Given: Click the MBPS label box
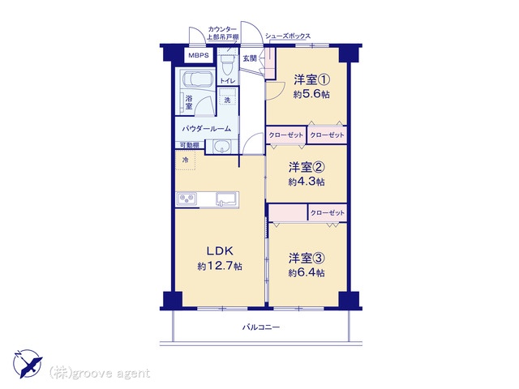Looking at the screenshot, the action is click(199, 55).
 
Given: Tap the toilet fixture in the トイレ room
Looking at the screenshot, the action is click(227, 66).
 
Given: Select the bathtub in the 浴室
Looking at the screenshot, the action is click(198, 79).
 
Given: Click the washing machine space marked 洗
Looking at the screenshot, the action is click(228, 98).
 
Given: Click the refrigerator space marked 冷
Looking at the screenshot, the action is click(186, 160).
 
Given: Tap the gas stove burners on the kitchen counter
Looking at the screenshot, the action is click(187, 199).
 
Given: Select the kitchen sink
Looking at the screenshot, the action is click(226, 199).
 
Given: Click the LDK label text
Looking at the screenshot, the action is click(220, 251).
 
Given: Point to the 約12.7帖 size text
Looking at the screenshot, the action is click(220, 267).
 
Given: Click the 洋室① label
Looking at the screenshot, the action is click(311, 79).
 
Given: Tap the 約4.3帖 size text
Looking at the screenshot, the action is click(307, 182).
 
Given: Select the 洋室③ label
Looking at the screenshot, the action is click(307, 259).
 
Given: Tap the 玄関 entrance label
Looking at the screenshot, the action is click(250, 58).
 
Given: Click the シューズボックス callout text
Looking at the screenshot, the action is click(288, 36).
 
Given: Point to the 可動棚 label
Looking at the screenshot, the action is click(189, 145).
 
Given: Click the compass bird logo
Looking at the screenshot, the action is click(28, 364).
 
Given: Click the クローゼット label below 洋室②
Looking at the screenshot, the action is click(328, 213).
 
